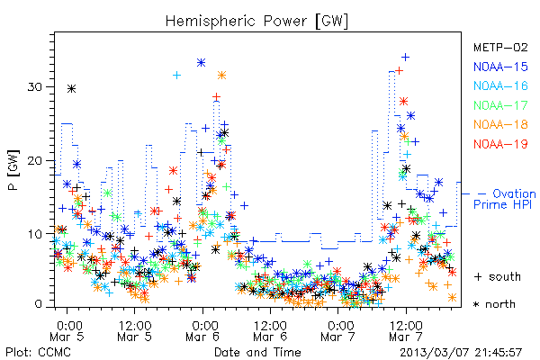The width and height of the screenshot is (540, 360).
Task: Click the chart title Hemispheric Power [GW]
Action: [256, 21]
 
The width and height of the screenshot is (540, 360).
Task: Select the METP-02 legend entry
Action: [500, 47]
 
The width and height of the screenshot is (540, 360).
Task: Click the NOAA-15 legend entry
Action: [500, 67]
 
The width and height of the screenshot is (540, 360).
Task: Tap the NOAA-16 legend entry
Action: [500, 85]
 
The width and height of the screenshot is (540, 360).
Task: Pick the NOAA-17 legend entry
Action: [500, 105]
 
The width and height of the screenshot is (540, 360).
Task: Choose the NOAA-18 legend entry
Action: [500, 124]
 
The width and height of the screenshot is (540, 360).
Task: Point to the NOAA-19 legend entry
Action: [500, 144]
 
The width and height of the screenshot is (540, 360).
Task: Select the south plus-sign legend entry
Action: [498, 276]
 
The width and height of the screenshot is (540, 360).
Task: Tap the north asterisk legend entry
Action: [494, 304]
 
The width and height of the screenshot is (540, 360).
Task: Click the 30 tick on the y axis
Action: [34, 86]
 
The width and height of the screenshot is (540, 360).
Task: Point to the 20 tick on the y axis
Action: [34, 161]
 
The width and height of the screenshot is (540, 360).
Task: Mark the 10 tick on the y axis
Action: [34, 234]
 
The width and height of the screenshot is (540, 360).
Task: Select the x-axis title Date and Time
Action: [257, 352]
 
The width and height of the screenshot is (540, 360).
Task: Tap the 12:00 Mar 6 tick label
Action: [270, 331]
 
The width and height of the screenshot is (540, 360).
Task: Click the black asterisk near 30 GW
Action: [71, 89]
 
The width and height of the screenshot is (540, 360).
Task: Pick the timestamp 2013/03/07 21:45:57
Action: [461, 353]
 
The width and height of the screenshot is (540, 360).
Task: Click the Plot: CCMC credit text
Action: [38, 352]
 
